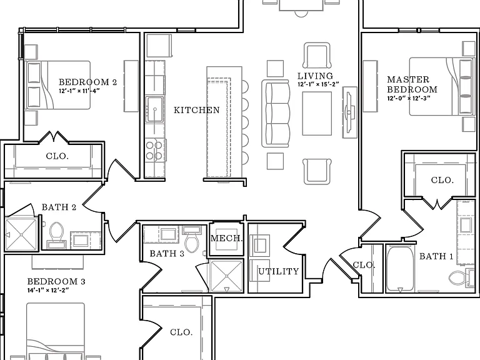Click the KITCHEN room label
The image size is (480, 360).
(196, 110)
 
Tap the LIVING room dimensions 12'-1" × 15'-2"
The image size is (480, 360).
(318, 84)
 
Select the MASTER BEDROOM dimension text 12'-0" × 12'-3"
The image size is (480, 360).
(409, 98)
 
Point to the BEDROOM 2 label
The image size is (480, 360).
(88, 82)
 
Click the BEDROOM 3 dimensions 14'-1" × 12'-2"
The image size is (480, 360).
(48, 290)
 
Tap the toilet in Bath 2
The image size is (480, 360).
(56, 235)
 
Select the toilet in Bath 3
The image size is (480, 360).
(192, 239)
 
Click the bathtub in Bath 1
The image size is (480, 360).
(399, 269)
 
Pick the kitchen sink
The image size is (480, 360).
(155, 109)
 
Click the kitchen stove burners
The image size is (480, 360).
(154, 151)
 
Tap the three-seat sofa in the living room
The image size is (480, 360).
(276, 114)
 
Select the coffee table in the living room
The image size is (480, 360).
(317, 114)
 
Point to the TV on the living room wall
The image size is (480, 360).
(349, 112)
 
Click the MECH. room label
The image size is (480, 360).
(227, 238)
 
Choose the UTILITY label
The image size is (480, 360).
(279, 271)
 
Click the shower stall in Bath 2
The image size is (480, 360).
(21, 234)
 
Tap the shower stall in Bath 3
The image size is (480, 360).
(226, 276)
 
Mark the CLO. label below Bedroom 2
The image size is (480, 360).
(57, 156)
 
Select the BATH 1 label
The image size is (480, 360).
(436, 256)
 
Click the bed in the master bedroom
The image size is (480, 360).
(441, 87)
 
